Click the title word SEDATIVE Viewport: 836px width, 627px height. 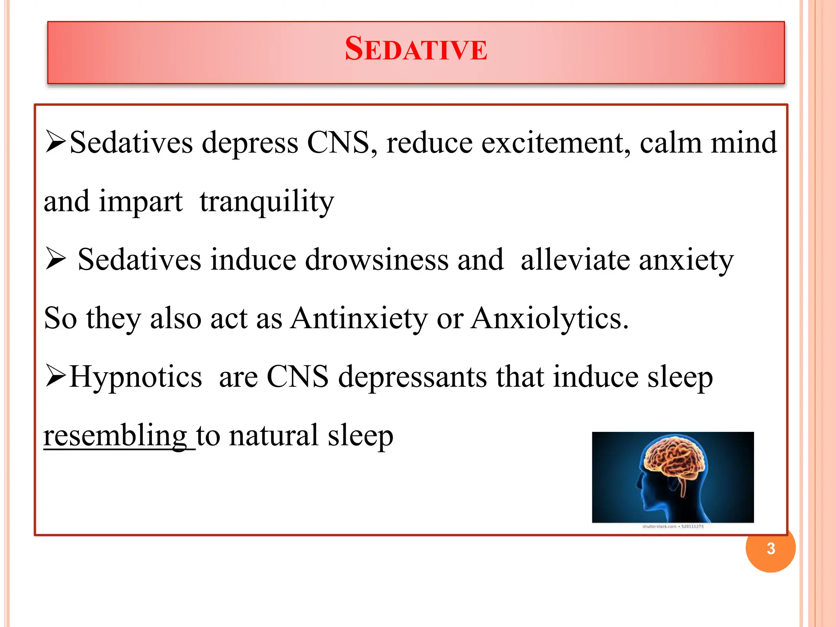pos(416,49)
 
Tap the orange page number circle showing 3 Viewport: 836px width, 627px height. pos(770,549)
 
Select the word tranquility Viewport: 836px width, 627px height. pos(267,202)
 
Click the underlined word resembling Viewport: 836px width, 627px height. pos(116,436)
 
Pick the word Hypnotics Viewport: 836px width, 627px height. pos(136,377)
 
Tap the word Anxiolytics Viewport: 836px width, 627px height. pos(549,318)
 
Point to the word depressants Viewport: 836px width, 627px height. pos(412,377)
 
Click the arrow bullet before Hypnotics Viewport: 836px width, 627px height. pos(56,376)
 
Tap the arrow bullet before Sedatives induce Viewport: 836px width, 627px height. pos(56,259)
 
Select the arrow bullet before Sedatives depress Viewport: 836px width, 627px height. pos(56,142)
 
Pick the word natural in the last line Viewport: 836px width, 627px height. pos(273,436)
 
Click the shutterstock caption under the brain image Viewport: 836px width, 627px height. pos(673,527)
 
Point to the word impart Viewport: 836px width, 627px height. pos(141,202)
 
